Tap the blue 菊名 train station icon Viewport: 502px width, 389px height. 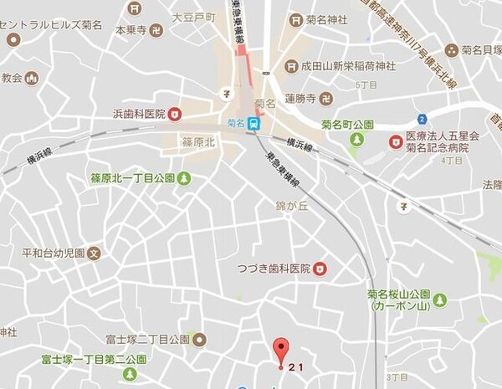(254, 122)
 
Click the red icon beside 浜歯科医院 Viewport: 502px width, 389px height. (174, 114)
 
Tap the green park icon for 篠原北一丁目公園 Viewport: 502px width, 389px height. (184, 177)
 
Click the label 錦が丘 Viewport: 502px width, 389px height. (293, 204)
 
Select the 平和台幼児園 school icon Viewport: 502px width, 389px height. (95, 251)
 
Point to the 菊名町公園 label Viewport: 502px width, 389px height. (349, 125)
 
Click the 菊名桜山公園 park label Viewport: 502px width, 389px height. (398, 295)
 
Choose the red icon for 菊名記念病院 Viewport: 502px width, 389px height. (396, 141)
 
